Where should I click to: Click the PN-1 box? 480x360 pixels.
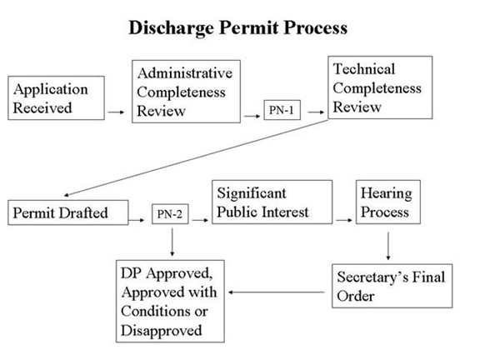coord(282,110)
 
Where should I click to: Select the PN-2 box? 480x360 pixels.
coord(170,214)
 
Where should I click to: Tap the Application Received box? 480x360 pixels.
coord(56,98)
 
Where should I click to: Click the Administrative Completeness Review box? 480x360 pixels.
coord(186,92)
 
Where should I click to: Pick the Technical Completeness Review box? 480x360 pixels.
coord(380,87)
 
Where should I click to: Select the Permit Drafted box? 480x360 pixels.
coord(68,212)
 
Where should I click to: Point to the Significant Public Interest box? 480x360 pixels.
coord(272,202)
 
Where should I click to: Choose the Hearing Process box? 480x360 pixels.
coord(388,202)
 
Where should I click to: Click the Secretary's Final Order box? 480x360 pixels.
coord(392,286)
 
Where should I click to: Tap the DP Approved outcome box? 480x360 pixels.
coord(170,301)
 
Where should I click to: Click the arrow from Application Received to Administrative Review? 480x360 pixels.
coord(116,112)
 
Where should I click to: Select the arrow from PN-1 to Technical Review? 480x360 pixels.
coord(316,112)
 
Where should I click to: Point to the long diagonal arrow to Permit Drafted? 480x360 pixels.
coord(196,157)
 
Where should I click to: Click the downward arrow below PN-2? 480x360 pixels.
coord(172,242)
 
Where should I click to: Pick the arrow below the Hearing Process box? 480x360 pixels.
coord(388,246)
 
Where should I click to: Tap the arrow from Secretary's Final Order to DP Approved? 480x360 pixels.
coord(277,292)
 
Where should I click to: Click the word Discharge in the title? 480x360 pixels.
coord(172,28)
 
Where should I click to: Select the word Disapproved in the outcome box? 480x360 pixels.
coord(162,331)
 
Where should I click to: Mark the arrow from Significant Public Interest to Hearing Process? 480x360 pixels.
coord(344,220)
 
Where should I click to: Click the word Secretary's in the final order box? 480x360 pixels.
coord(372,277)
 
